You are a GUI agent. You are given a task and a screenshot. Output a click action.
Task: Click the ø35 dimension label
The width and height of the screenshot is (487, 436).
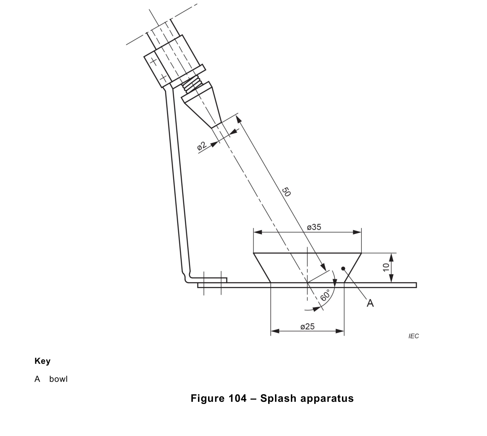[314, 227]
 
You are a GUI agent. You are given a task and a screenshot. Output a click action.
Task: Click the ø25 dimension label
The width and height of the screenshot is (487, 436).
[307, 327]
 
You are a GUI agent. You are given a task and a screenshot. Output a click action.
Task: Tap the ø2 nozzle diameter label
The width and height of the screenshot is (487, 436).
[202, 146]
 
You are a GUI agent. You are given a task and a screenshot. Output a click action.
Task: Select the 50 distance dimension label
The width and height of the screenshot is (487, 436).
[286, 192]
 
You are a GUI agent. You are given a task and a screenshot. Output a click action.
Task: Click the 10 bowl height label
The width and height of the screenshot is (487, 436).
[386, 267]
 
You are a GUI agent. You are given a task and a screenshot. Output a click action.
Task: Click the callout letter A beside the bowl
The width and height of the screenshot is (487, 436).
[370, 304]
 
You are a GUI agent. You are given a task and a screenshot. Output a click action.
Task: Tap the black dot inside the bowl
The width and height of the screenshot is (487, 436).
[343, 268]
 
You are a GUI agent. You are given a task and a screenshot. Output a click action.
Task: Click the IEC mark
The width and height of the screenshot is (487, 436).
[414, 336]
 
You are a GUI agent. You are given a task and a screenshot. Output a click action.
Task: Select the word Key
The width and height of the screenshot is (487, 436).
[42, 361]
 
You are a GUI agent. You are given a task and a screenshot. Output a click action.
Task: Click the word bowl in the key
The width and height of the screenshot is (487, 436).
[58, 379]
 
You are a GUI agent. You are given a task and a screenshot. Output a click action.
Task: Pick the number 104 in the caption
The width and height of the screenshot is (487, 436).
[238, 399]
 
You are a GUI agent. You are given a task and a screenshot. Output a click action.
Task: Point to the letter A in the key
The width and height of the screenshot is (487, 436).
[37, 379]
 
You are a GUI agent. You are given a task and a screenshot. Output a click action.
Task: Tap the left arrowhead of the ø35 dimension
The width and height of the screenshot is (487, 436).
[258, 232]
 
